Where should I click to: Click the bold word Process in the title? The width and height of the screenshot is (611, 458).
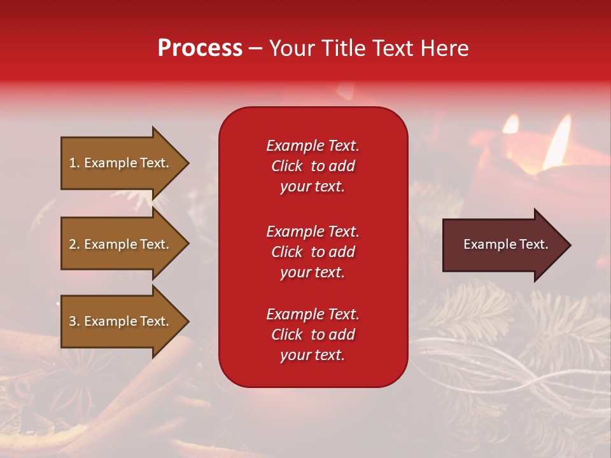[x=200, y=48]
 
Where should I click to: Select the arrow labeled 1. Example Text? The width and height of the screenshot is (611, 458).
[x=121, y=163]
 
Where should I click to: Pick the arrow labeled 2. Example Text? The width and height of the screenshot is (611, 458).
[x=121, y=244]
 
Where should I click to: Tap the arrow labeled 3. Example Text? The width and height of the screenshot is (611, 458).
[x=121, y=321]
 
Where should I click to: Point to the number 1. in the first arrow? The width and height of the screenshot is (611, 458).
[x=74, y=163]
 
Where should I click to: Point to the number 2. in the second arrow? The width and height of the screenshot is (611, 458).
[x=74, y=244]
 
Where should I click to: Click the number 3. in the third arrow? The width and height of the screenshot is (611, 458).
[x=74, y=321]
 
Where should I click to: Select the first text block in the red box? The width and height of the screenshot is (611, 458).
[x=313, y=166]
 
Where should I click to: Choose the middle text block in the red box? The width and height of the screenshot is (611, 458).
[x=313, y=252]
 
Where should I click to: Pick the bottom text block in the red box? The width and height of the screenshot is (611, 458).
[x=313, y=335]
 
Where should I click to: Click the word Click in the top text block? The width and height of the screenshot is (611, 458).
[x=286, y=166]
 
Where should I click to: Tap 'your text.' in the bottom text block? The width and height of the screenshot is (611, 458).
[x=313, y=355]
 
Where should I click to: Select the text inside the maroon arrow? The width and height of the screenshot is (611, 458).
[x=506, y=244]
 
